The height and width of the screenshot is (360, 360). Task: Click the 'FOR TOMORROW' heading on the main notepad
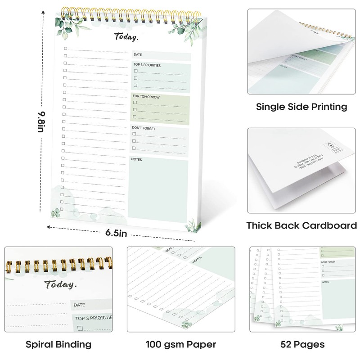point(146,97)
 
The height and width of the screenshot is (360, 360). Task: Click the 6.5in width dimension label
point(116,233)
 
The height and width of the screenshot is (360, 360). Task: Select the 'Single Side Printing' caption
point(301,107)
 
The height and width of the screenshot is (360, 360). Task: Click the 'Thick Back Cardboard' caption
point(301,225)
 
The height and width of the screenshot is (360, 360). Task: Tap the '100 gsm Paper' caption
point(181,345)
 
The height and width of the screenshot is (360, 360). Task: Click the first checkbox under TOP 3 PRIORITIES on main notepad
point(135,72)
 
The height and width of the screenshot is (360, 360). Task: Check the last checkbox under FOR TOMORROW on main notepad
point(135,117)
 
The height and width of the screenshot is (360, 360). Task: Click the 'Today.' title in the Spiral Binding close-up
point(61,284)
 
